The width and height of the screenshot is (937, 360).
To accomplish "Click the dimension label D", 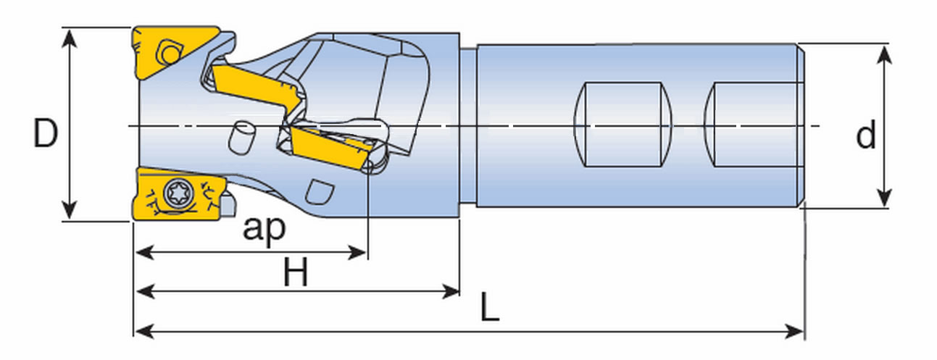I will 45,135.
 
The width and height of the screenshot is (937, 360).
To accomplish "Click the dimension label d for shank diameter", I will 866,135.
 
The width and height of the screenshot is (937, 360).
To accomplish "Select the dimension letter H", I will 296,274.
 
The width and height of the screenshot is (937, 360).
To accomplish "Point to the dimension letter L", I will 489,310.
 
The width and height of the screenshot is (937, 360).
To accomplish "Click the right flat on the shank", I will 754,125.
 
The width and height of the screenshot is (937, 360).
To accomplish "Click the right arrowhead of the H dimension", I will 454,291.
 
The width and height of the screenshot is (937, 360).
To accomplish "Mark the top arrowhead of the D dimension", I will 69,34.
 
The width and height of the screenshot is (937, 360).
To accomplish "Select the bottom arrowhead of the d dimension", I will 884,201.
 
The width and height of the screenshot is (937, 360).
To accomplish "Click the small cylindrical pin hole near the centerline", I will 240,137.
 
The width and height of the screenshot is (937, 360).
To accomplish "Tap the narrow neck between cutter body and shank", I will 468,127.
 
